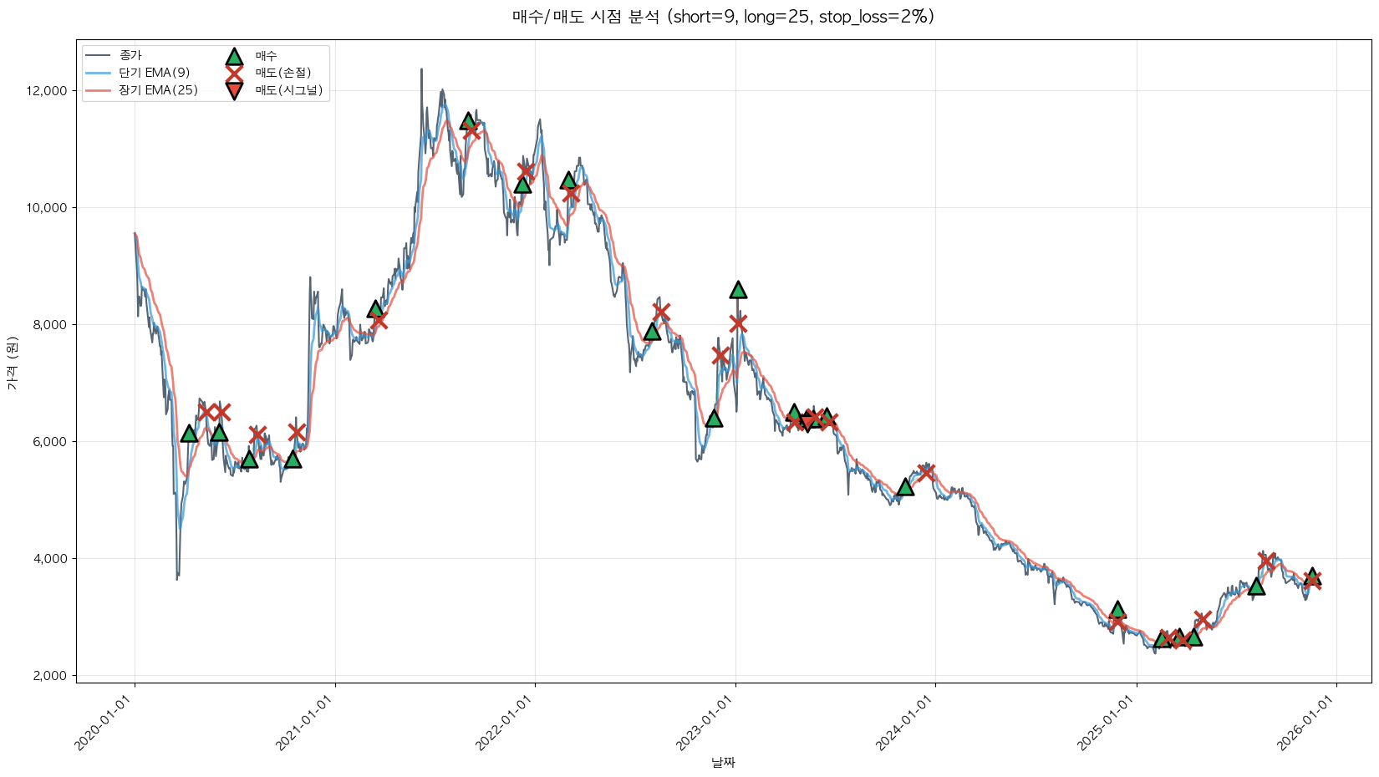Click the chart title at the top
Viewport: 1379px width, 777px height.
click(723, 17)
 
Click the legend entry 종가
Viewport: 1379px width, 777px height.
click(130, 55)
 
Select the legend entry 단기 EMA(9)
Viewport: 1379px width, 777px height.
click(155, 73)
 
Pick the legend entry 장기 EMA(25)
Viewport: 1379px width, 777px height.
click(158, 90)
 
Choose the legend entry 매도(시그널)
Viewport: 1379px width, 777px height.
click(288, 90)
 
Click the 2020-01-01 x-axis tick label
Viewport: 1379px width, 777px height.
click(105, 724)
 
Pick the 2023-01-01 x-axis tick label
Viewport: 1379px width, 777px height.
click(706, 724)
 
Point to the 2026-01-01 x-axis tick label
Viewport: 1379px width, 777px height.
click(1307, 724)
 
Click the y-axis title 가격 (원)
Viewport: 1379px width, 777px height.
click(12, 363)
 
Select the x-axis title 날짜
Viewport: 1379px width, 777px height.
click(723, 762)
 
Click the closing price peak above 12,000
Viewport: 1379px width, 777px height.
click(421, 70)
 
